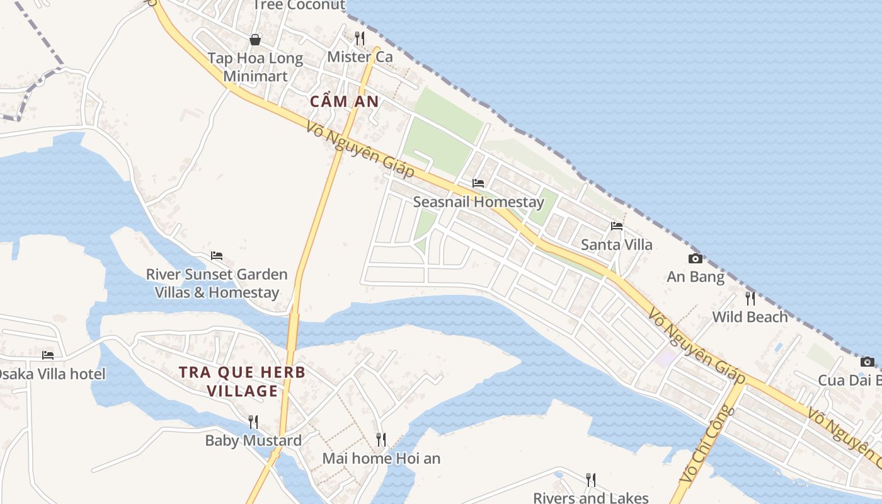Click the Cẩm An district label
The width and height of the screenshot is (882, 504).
pos(345,101)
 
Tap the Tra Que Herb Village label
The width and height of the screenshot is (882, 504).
pos(242,382)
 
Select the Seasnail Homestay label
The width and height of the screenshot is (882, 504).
pos(478,202)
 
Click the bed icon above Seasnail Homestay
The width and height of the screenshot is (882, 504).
pos(478,183)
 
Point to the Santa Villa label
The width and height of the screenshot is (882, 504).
pos(616,244)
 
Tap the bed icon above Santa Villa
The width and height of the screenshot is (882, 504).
pos(616,226)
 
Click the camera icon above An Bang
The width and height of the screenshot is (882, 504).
pos(696,258)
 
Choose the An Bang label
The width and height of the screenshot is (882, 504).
pos(696,277)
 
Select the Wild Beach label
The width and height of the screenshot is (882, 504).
pos(750,317)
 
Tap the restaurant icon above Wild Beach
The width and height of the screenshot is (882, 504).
pos(750,298)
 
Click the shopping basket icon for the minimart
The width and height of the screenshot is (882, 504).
pos(255,40)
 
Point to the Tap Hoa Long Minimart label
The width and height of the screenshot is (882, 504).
pos(255,67)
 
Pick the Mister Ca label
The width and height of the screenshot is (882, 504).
pos(360,57)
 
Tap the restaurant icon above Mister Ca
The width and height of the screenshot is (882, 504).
pos(359,38)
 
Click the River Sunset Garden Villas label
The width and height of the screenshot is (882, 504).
pos(217,283)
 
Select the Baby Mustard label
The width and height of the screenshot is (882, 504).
pos(253,440)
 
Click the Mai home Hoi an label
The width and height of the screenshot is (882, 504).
pos(381,458)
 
